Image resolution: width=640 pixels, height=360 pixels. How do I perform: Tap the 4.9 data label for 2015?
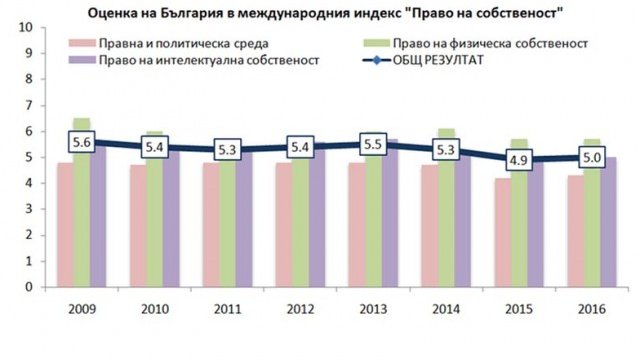click(516, 160)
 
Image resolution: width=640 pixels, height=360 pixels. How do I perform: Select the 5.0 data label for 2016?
click(589, 157)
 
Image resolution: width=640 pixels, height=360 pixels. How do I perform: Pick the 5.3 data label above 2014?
click(442, 150)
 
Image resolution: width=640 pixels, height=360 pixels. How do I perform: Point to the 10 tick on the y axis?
click(14, 27)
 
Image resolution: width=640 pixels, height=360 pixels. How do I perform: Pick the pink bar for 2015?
click(500, 235)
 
